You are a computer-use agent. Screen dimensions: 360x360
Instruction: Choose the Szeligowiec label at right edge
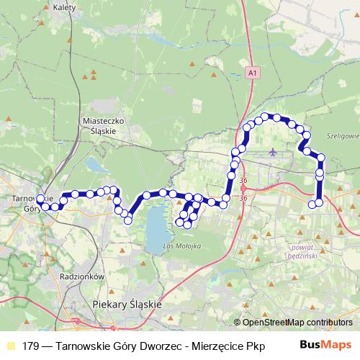(x=343, y=135)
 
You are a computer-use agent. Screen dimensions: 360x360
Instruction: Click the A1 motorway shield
(x=251, y=73)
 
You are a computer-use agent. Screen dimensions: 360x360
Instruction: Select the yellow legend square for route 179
(x=10, y=346)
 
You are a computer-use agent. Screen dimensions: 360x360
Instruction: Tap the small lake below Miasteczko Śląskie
(x=96, y=165)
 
